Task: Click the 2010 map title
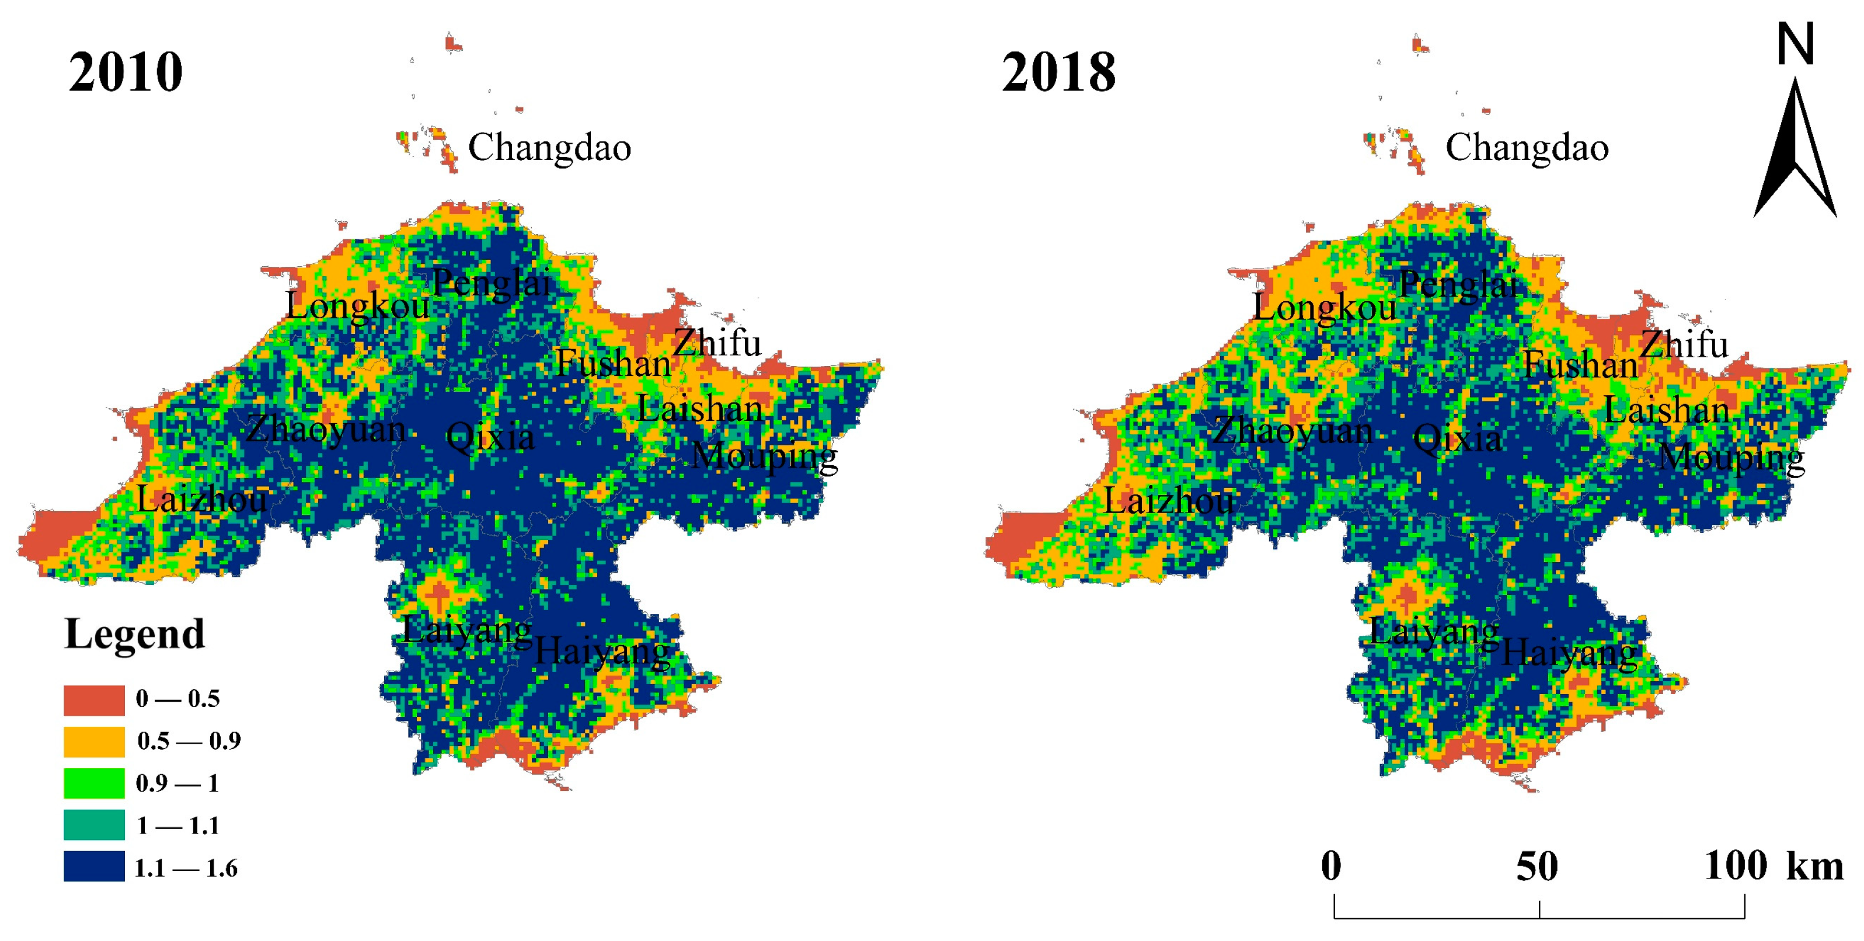126,72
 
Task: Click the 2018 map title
1058,72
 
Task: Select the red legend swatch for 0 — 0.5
94,699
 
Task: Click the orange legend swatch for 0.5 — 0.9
94,741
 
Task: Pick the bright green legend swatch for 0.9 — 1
94,783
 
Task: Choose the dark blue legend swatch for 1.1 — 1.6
94,866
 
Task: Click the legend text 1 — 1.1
178,825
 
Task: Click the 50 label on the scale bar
1537,866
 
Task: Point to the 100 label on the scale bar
1735,865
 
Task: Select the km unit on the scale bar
1815,866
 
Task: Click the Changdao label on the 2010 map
549,148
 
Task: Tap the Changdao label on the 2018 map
1527,148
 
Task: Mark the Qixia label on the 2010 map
490,437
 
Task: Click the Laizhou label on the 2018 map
1168,500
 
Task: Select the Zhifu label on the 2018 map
1684,344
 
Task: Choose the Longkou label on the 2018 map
1324,308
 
